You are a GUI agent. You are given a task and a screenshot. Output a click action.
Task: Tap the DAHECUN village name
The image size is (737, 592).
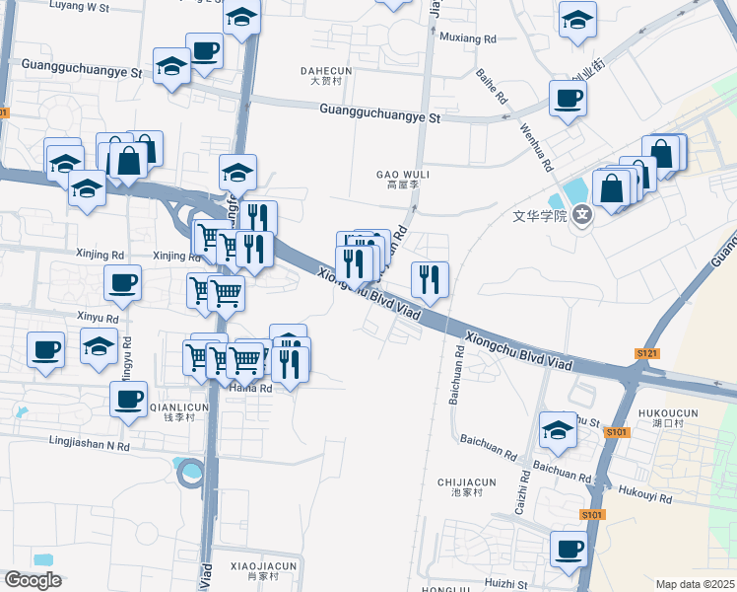tap(325, 70)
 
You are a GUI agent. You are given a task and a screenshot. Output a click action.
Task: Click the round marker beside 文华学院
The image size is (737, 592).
tap(582, 213)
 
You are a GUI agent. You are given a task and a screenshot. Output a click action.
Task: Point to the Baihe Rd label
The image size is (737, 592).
tap(490, 86)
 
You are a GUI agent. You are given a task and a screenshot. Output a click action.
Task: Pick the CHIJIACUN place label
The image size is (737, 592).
tap(466, 482)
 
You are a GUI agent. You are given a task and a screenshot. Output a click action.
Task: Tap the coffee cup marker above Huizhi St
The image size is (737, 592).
tap(568, 549)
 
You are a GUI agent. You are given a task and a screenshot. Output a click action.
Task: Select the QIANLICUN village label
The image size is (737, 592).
tap(178, 407)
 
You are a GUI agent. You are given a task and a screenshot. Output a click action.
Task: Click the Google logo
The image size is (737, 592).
tap(33, 580)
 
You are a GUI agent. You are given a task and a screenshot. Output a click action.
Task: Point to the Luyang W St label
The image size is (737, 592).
tap(80, 7)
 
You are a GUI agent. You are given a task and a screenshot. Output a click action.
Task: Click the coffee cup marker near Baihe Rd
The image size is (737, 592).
tap(568, 99)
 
